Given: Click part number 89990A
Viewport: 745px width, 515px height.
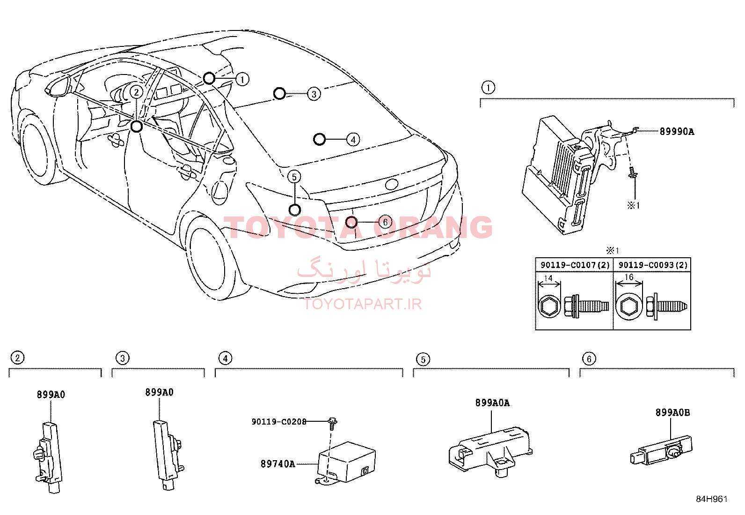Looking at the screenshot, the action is pyautogui.click(x=677, y=132).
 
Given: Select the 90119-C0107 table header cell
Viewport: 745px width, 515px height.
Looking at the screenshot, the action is pyautogui.click(x=575, y=265).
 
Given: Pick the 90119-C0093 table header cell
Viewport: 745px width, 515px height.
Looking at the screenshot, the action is pyautogui.click(x=652, y=265).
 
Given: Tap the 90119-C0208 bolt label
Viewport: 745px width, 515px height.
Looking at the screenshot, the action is pyautogui.click(x=279, y=422).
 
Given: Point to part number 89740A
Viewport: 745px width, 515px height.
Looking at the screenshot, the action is pyautogui.click(x=278, y=464).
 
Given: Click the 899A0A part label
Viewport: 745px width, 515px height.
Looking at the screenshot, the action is pyautogui.click(x=492, y=403).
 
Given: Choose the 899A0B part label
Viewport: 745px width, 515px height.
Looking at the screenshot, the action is pyautogui.click(x=672, y=413).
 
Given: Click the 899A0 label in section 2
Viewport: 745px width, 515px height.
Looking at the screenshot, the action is pyautogui.click(x=51, y=395).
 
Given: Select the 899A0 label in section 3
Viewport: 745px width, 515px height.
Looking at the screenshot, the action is pyautogui.click(x=159, y=392).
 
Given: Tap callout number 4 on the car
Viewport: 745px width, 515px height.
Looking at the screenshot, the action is pyautogui.click(x=353, y=140).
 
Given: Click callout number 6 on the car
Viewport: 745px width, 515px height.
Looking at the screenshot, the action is pyautogui.click(x=385, y=222).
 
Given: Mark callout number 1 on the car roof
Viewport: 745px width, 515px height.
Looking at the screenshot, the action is pyautogui.click(x=242, y=80).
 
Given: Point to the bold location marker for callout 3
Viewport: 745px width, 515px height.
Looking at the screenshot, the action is pyautogui.click(x=279, y=94).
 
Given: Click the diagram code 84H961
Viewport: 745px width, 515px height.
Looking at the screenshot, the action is pyautogui.click(x=712, y=499).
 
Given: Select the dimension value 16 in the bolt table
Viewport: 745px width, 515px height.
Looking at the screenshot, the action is pyautogui.click(x=629, y=277).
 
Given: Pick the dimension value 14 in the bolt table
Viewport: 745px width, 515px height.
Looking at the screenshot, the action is pyautogui.click(x=548, y=278).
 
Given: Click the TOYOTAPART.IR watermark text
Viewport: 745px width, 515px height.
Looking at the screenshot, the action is pyautogui.click(x=363, y=304).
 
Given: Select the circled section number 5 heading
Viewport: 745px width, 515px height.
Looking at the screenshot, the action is pyautogui.click(x=423, y=359).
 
